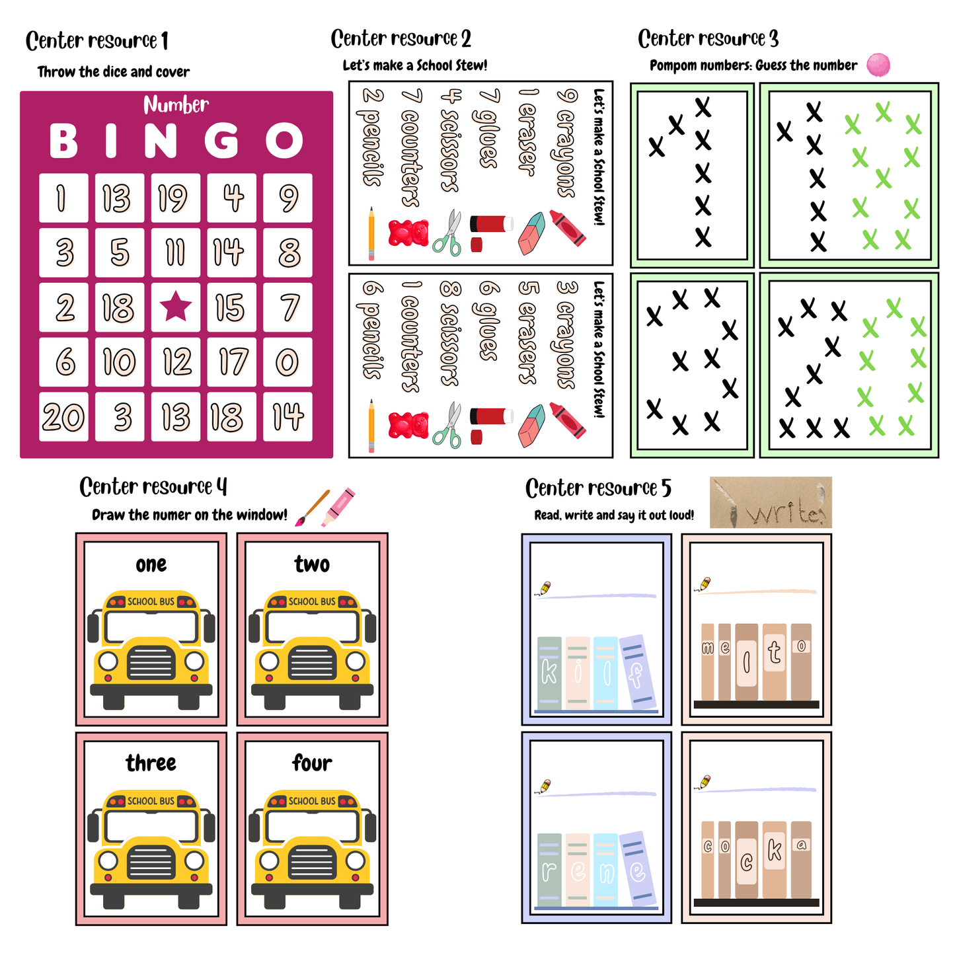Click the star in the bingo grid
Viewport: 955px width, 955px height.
176,307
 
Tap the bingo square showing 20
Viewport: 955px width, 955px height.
63,417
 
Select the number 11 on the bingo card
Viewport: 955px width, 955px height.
176,252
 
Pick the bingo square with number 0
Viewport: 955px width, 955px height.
287,362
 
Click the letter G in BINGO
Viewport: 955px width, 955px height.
221,140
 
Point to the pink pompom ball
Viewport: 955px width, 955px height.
878,65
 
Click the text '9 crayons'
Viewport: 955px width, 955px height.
567,143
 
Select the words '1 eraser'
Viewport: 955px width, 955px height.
527,132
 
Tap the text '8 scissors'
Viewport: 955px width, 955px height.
450,334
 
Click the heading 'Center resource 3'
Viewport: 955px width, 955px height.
708,39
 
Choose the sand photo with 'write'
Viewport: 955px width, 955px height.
771,503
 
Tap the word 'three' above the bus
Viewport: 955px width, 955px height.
151,763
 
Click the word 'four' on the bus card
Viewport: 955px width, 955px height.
312,763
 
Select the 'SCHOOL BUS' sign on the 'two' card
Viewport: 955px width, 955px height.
312,601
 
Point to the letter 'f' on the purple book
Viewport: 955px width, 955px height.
636,675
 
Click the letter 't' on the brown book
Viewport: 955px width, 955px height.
775,654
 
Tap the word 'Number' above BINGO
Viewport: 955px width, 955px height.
176,104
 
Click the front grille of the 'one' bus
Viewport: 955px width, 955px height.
151,663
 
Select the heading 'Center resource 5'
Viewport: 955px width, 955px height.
598,488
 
